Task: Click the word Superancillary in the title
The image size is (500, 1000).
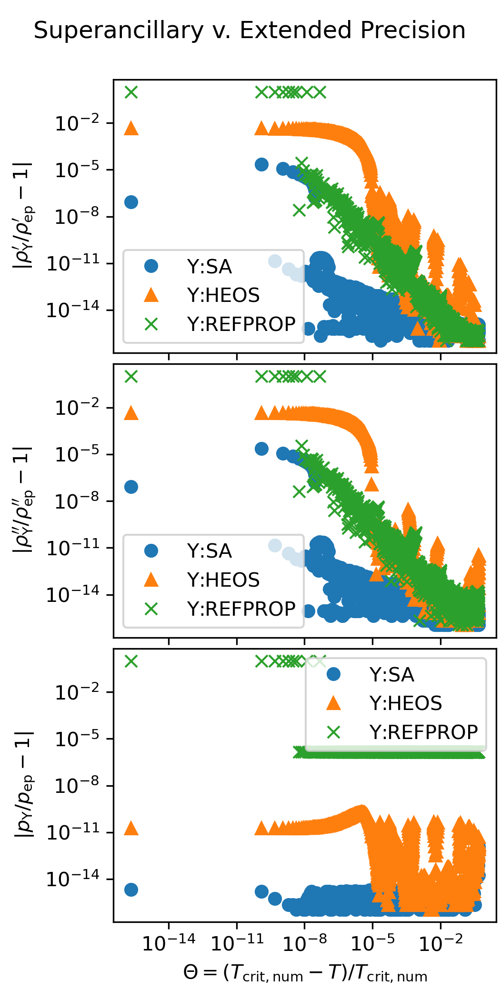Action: (x=119, y=31)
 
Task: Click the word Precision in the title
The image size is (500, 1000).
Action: (x=413, y=31)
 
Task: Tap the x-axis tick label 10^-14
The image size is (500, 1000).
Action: (x=169, y=942)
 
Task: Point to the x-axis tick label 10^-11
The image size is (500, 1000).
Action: (x=237, y=942)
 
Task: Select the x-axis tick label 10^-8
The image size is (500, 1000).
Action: (x=304, y=942)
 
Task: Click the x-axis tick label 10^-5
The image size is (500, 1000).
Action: (x=372, y=942)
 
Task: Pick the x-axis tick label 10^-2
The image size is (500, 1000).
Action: (x=440, y=942)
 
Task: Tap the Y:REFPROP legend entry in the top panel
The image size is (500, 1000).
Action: (x=241, y=324)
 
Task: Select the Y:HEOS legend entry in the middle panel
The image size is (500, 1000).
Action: (x=223, y=580)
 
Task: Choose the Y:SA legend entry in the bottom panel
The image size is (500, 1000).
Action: (x=391, y=675)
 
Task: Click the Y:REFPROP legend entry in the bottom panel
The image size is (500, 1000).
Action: (x=423, y=732)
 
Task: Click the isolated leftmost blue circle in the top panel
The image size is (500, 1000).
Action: (x=131, y=202)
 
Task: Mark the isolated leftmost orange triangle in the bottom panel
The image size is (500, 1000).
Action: (x=131, y=829)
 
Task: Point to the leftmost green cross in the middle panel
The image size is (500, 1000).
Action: (x=131, y=377)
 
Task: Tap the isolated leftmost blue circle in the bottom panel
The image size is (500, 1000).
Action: (x=131, y=890)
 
